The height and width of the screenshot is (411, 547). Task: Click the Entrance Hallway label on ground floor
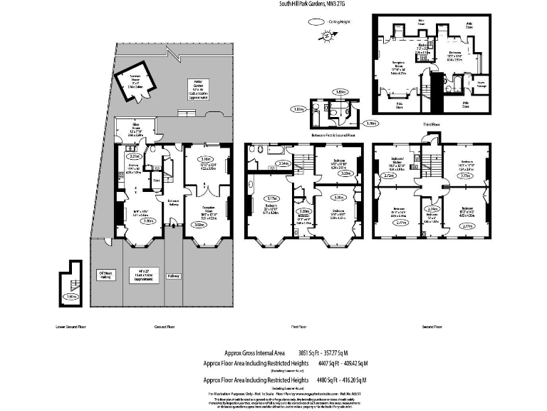click(x=173, y=203)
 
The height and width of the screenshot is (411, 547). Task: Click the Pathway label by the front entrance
click(x=174, y=275)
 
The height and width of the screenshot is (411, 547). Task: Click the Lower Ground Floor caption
click(x=71, y=328)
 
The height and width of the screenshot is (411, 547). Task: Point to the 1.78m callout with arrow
click(x=370, y=123)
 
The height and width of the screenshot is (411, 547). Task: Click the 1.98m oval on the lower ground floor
click(x=70, y=296)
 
